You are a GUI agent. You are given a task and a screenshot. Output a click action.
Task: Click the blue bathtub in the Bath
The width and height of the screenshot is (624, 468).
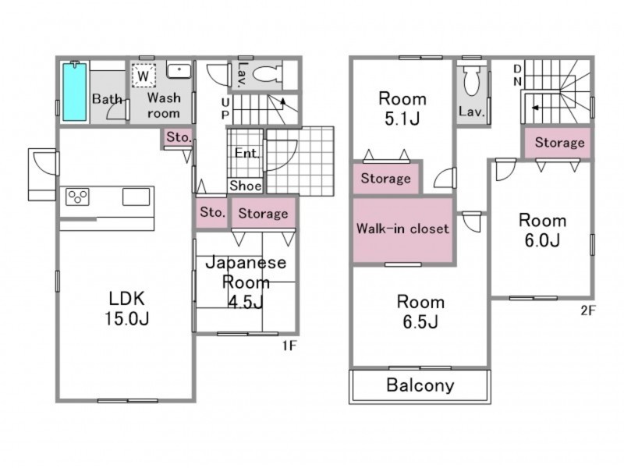74,91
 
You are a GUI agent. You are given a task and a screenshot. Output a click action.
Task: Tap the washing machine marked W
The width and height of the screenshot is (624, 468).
144,75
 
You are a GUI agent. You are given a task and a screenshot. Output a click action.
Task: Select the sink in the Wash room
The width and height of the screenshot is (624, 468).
179,71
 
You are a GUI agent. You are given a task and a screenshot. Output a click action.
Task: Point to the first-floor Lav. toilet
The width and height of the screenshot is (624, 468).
267,74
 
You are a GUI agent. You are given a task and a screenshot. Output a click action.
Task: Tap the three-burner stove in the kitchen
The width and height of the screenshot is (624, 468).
77,197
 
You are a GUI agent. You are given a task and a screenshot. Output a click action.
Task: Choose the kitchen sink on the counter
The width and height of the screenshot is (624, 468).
136,197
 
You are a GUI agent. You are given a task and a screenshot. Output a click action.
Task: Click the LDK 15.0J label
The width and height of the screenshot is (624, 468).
127,308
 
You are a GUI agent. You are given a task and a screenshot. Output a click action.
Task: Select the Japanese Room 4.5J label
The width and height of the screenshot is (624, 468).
246,282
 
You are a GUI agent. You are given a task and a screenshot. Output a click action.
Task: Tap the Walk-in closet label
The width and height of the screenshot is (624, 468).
402,229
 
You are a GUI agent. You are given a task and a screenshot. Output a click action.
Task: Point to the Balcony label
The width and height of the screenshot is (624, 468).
420,385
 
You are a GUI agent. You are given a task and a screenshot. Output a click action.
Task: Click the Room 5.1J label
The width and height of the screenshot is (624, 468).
402,108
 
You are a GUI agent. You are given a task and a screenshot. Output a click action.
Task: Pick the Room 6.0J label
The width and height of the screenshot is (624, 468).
542,230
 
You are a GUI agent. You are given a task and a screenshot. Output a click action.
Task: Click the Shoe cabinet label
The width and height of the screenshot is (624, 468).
246,186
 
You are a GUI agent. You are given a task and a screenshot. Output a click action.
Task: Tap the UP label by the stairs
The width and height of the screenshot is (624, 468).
225,108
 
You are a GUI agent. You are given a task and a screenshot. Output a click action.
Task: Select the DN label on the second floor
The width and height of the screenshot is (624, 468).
517,75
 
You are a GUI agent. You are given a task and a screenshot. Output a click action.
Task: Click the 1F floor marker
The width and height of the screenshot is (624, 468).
289,346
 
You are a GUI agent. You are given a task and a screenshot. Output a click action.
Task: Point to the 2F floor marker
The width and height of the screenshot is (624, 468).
588,310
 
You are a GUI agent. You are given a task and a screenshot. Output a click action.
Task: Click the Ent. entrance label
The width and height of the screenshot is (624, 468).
246,153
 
